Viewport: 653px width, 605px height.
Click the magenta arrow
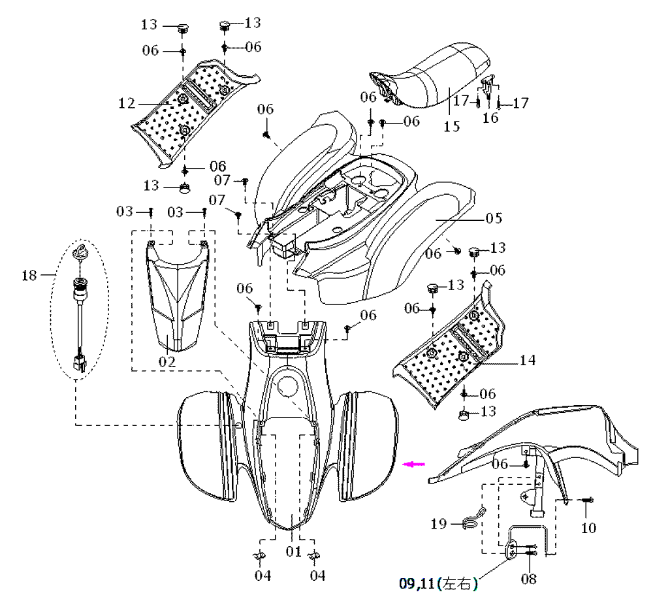[x=414, y=465]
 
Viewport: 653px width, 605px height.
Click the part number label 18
[x=29, y=275]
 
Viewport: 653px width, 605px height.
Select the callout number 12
[x=127, y=103]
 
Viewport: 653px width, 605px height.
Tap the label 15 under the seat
[x=451, y=126]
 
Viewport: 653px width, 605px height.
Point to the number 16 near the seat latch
[x=490, y=118]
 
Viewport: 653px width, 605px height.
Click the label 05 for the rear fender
[x=493, y=218]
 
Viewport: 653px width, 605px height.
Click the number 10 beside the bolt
[x=588, y=527]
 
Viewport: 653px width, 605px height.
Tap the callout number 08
[x=528, y=579]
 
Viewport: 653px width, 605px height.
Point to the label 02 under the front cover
[x=167, y=361]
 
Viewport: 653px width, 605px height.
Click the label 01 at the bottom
[x=294, y=551]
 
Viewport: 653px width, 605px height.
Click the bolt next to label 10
[x=587, y=500]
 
